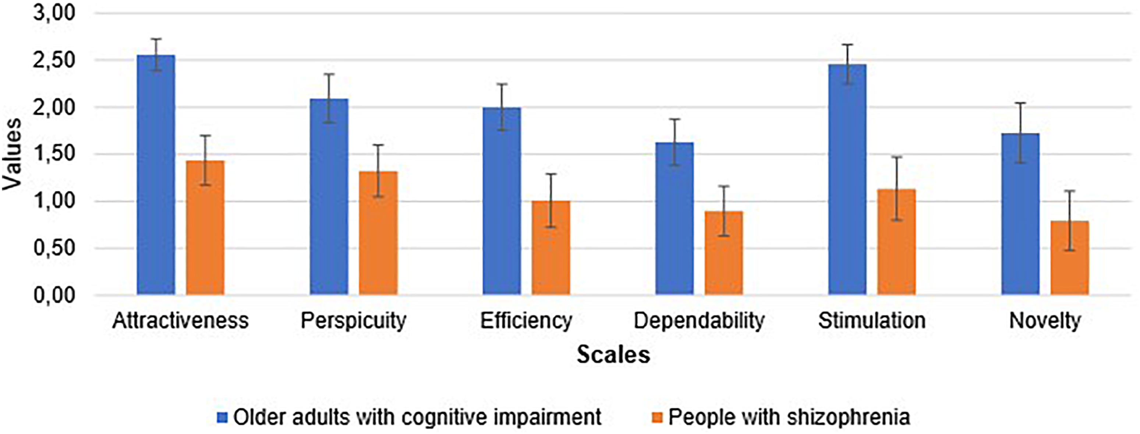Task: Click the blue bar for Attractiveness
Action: [156, 175]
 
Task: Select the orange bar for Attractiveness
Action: [205, 228]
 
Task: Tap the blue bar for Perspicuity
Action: [329, 197]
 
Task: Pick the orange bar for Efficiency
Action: [551, 248]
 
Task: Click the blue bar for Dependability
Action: [675, 219]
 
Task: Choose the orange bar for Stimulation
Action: [897, 242]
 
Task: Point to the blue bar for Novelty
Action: [1020, 214]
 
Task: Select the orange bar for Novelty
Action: [1070, 258]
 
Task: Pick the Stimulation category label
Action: [872, 320]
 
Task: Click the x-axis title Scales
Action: [613, 355]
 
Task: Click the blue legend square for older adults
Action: [222, 417]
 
